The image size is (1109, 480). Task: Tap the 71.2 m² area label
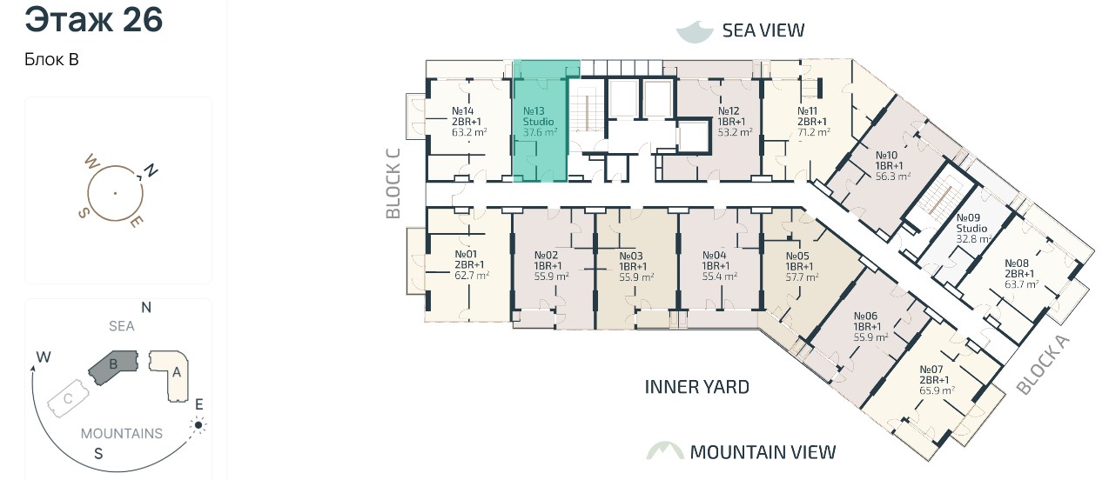[813, 132]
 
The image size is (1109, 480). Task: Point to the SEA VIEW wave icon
[696, 31]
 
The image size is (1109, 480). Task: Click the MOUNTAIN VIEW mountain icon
[665, 450]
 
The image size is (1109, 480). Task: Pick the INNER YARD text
[696, 387]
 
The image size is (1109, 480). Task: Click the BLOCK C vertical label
[393, 183]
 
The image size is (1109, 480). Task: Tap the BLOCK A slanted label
[1043, 365]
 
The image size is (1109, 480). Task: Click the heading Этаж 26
[93, 20]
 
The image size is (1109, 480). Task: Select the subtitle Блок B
[51, 59]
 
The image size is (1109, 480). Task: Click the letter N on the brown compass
[151, 171]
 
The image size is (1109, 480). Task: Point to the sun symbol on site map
[198, 425]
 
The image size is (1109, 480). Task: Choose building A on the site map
[171, 375]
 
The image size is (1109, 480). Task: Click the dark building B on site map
[113, 367]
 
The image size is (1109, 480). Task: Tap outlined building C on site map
[69, 398]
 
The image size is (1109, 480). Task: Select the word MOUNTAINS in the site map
[121, 434]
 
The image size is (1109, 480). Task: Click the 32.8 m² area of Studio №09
[973, 239]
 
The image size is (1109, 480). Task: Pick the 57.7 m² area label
[802, 277]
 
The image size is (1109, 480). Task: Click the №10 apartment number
[886, 156]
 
